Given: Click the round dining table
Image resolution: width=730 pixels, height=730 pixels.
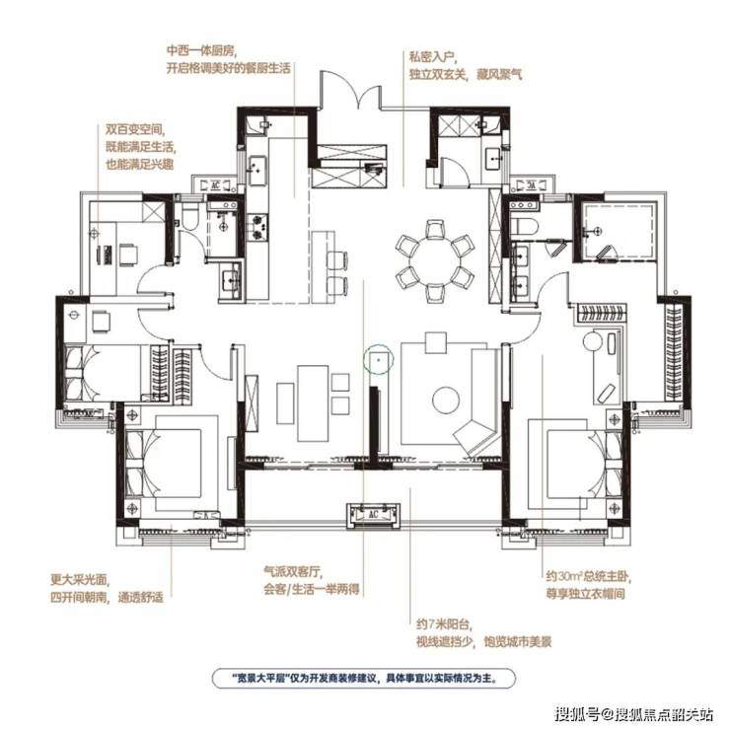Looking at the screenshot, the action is tap(435, 260).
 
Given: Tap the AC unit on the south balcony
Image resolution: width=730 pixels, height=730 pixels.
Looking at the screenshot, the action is tap(373, 514).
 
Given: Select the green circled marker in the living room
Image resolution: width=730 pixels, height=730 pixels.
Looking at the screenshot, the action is tap(379, 359).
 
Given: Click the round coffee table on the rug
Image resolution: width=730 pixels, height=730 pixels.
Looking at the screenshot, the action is tap(446, 400).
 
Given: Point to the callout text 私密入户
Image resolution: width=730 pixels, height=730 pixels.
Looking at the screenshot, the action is tap(431, 56).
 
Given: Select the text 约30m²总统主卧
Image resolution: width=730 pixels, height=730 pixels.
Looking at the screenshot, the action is tap(588, 577).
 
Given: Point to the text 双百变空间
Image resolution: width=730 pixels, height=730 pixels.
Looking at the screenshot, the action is tap(135, 128).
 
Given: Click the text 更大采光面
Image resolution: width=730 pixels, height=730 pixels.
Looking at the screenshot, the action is tap(79, 580).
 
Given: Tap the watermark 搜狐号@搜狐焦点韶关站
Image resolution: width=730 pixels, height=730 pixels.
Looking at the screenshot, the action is tap(634, 713).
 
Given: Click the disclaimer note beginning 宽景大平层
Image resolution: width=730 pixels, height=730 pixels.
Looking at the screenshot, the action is tap(364, 678).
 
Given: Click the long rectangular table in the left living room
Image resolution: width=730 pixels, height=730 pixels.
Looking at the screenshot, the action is tap(314, 403).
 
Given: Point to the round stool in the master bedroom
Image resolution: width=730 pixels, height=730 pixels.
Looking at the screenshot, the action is tap(592, 340).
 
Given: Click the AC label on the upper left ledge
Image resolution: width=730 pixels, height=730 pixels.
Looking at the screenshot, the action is tap(216, 184).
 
